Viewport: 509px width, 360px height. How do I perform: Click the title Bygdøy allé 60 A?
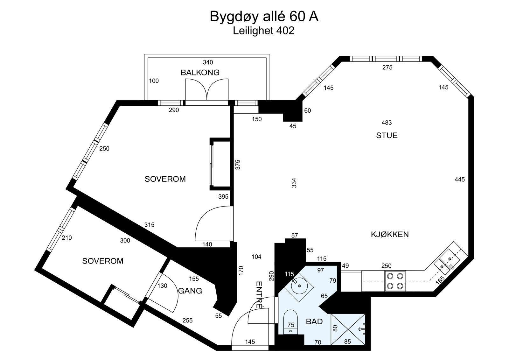coord(264,17)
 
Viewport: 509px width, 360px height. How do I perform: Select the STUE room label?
coord(387,136)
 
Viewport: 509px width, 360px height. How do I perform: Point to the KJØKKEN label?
coord(390,235)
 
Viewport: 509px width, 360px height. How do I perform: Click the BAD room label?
coord(314,321)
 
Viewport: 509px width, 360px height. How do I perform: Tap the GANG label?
coord(190,291)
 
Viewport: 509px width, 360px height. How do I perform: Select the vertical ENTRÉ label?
coord(259,295)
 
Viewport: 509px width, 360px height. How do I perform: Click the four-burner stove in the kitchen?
coord(395,281)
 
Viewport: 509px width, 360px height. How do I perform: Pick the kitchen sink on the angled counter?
coord(447,263)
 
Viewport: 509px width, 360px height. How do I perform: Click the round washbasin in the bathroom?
coord(299,286)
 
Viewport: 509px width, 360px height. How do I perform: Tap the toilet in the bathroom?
coord(290,320)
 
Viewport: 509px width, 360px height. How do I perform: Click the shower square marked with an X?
coord(348,329)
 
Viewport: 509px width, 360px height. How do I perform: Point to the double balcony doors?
coord(207,90)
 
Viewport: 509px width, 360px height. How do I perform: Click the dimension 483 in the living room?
coord(386,123)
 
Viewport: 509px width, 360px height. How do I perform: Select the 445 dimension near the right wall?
coord(459,180)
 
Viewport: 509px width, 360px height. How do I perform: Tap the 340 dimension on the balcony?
coord(208,62)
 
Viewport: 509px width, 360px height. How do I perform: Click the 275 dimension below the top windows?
coord(387,67)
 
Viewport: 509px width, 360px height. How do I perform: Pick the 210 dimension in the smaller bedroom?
coord(67,238)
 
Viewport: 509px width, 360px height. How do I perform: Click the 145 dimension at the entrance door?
coord(250,342)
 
